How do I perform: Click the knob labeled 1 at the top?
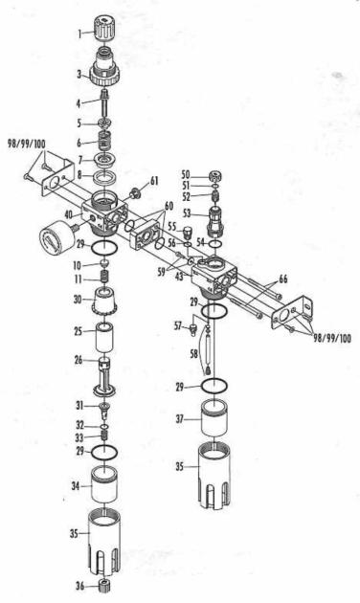pyautogui.click(x=104, y=29)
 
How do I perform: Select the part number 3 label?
pyautogui.click(x=79, y=74)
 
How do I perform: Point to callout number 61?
pyautogui.click(x=154, y=180)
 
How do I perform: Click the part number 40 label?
pyautogui.click(x=69, y=214)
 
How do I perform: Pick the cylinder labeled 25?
pyautogui.click(x=105, y=339)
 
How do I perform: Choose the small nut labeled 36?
pyautogui.click(x=105, y=586)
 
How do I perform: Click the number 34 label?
pyautogui.click(x=76, y=486)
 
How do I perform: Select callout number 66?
pyautogui.click(x=283, y=279)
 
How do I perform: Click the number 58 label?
pyautogui.click(x=194, y=353)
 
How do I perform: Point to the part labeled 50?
pyautogui.click(x=215, y=176)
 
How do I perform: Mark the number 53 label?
pyautogui.click(x=186, y=212)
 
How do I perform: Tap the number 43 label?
pyautogui.click(x=179, y=276)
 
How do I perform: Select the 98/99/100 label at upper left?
pyautogui.click(x=27, y=144)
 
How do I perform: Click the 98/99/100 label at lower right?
pyautogui.click(x=332, y=339)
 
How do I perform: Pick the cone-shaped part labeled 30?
pyautogui.click(x=105, y=300)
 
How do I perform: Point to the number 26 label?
pyautogui.click(x=79, y=360)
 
